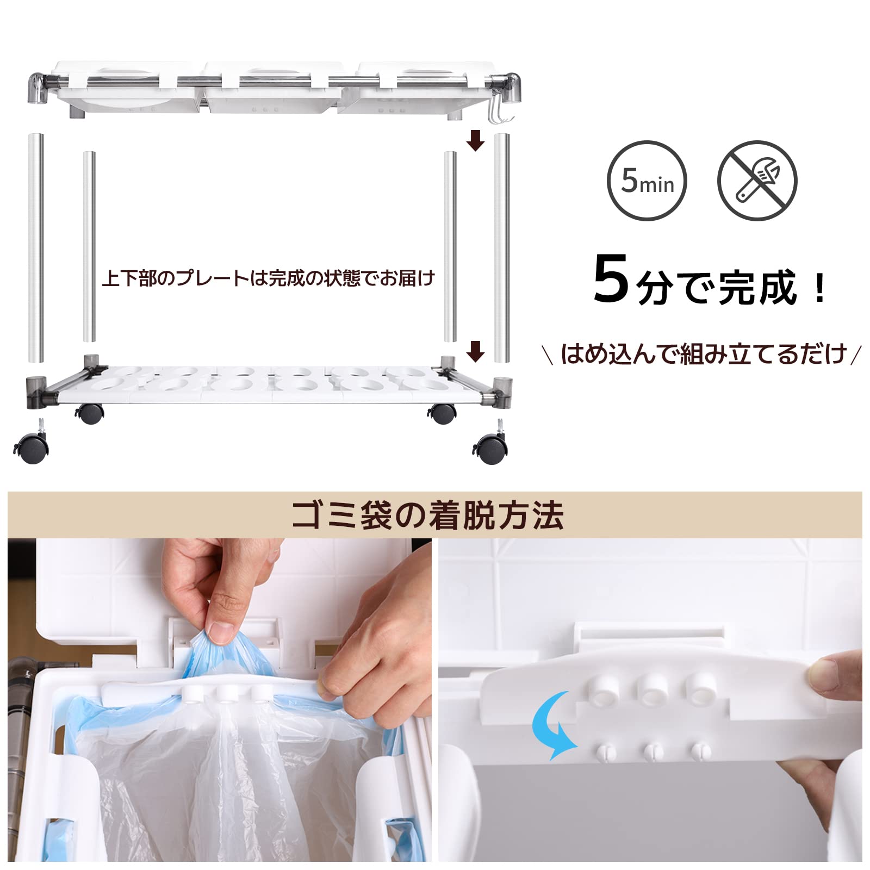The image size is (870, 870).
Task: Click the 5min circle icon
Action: (x=647, y=181)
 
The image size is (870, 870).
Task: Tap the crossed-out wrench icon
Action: (x=757, y=181)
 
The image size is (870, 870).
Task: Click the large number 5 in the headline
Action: (x=612, y=278)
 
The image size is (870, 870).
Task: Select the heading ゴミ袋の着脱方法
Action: (x=428, y=515)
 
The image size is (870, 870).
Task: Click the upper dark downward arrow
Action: (x=476, y=140)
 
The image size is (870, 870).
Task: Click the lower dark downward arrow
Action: (x=476, y=351)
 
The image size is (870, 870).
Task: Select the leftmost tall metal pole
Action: (x=36, y=247)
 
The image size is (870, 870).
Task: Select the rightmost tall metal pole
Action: (x=502, y=247)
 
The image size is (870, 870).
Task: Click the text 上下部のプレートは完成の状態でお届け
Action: (x=269, y=278)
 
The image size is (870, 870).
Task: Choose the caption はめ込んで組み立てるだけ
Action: (x=704, y=354)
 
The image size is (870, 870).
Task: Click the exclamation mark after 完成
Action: (x=819, y=288)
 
